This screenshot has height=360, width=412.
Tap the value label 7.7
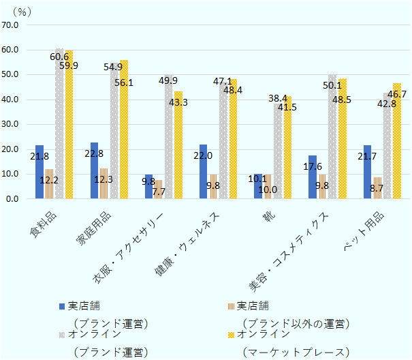[158, 192]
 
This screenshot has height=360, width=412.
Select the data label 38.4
[279, 98]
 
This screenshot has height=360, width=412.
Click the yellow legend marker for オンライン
[231, 335]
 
